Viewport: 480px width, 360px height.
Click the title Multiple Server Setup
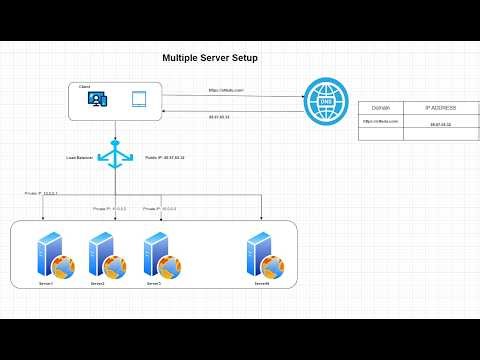click(x=210, y=58)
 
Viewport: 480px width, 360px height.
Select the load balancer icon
click(x=116, y=154)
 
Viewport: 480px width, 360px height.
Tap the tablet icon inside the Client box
click(x=139, y=99)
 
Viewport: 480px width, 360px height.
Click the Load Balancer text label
click(x=81, y=157)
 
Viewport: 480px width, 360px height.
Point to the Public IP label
click(x=165, y=157)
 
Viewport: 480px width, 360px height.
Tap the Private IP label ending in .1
click(x=42, y=192)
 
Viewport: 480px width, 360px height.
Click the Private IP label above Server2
click(x=110, y=209)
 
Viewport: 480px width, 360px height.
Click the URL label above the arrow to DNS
click(x=222, y=90)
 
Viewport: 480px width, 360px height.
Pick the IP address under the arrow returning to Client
click(x=219, y=117)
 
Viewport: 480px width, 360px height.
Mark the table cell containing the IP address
click(x=440, y=125)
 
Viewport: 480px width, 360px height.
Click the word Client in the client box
click(x=85, y=87)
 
